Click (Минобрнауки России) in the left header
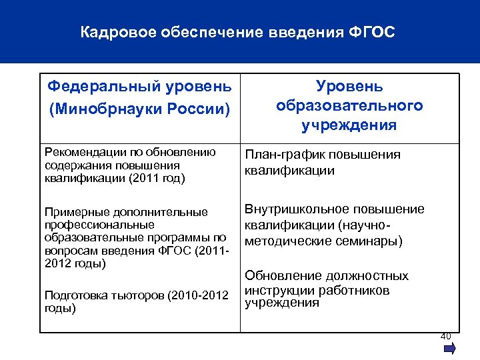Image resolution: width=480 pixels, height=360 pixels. tap(140, 107)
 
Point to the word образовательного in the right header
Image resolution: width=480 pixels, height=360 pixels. tap(349, 105)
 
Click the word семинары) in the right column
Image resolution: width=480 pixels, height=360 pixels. tap(372, 241)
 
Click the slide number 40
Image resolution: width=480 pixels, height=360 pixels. tap(446, 336)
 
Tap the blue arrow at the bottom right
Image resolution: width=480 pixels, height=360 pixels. tap(449, 348)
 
